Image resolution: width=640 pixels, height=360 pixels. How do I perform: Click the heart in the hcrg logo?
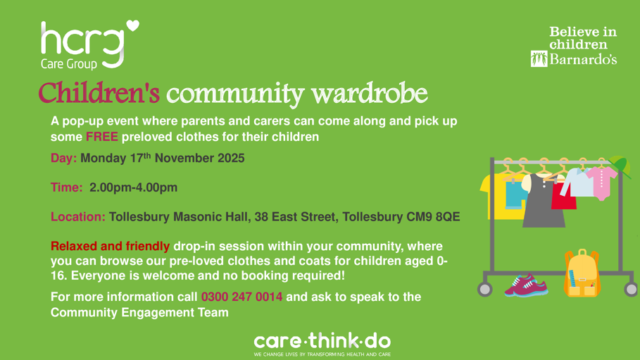(x=132, y=27)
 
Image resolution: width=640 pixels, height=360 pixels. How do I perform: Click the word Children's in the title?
(x=99, y=92)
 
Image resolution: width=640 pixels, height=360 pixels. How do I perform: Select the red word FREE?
(x=102, y=137)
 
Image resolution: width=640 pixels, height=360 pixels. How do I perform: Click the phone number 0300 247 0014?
(x=241, y=297)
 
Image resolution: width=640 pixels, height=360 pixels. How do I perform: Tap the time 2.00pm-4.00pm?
(x=133, y=187)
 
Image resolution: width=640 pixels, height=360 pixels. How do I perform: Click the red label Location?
(x=78, y=216)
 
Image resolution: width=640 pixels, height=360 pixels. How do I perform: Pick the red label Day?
(x=63, y=159)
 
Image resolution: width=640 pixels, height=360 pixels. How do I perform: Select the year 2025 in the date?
(x=227, y=159)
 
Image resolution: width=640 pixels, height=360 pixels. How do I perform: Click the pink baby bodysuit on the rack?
(x=601, y=182)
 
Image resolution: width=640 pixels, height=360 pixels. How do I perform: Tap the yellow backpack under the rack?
(x=582, y=273)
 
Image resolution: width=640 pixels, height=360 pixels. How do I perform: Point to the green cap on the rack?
(x=619, y=166)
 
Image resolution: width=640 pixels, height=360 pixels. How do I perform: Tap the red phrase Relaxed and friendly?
(x=110, y=247)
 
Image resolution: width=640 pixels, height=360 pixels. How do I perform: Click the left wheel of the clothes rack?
(x=484, y=288)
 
